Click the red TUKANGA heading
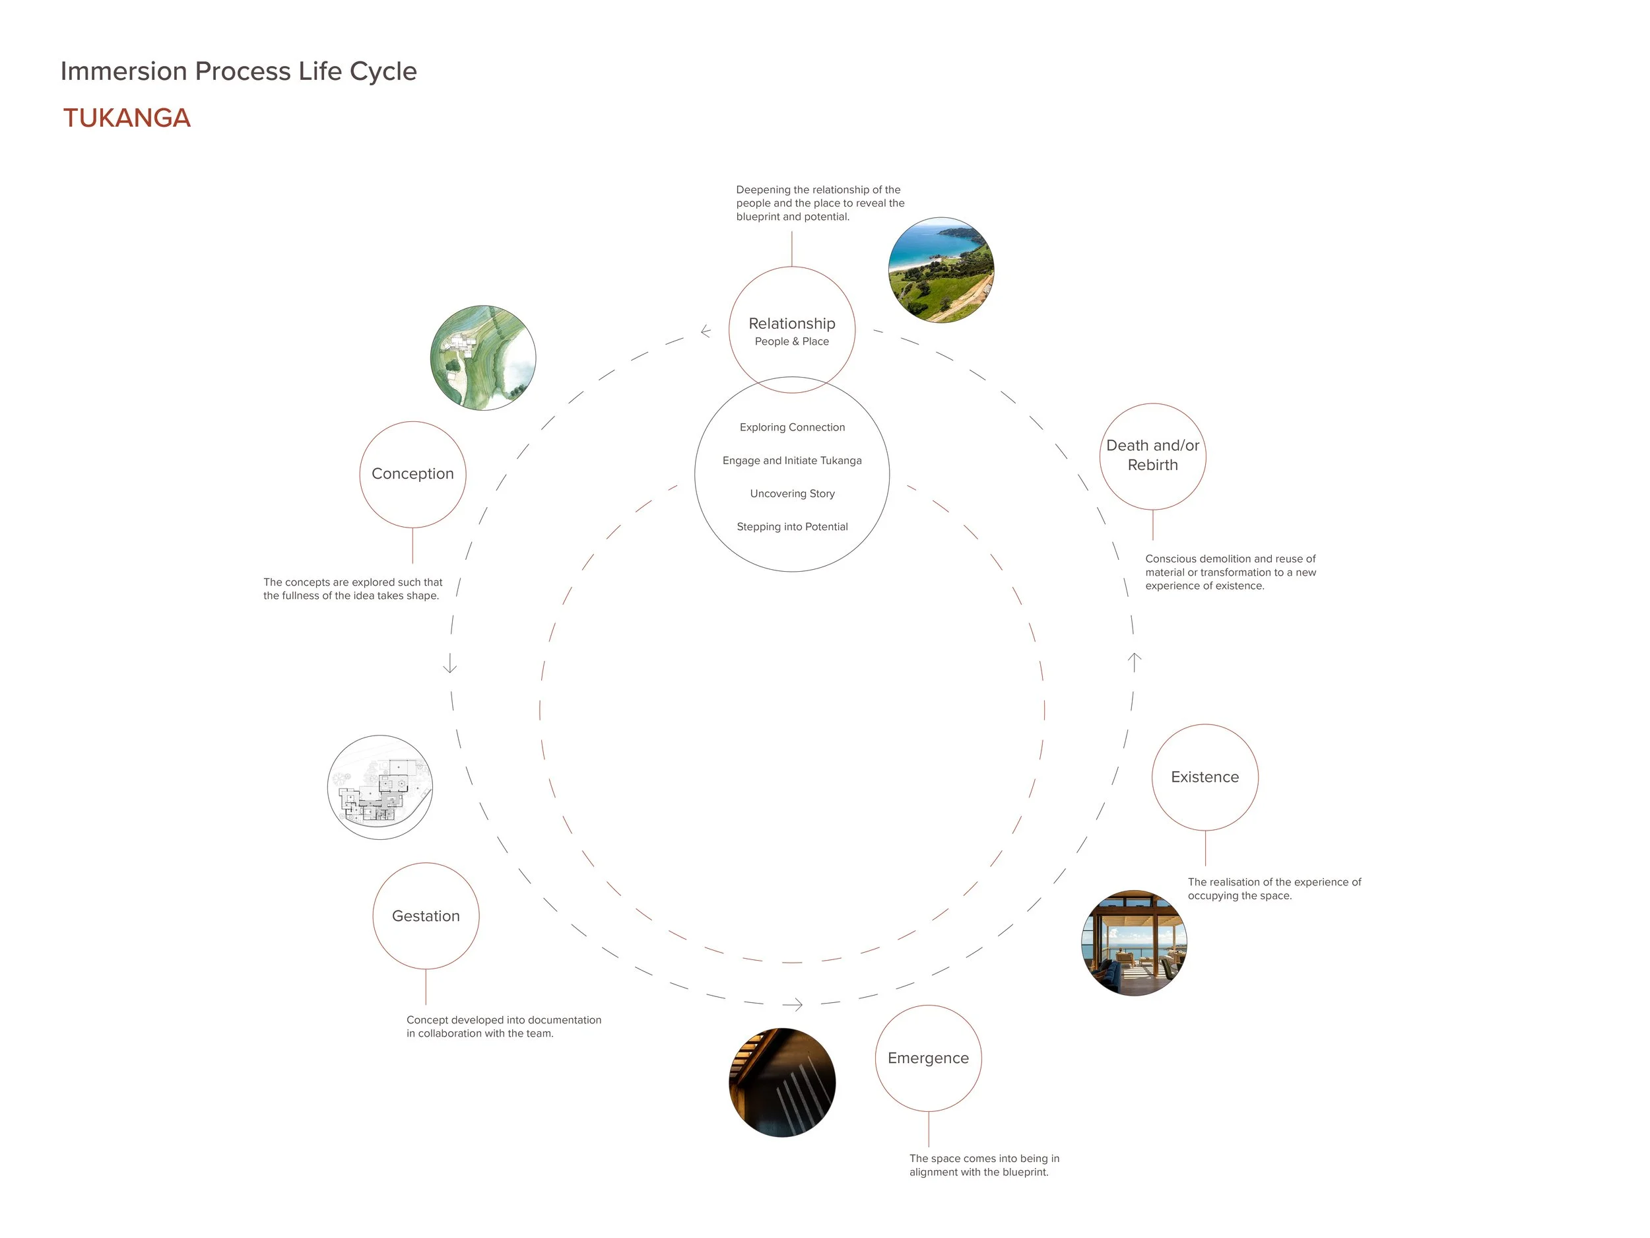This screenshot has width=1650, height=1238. (127, 118)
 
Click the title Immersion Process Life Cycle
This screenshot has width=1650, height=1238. (238, 71)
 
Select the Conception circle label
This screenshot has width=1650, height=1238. (412, 474)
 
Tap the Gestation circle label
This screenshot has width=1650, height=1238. (426, 916)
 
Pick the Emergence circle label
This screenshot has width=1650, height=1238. (928, 1058)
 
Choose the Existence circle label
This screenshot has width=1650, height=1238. (1204, 777)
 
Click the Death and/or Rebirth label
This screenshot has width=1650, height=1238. (1152, 455)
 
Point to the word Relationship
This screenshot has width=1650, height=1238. (791, 323)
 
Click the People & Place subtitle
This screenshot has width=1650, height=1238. (791, 342)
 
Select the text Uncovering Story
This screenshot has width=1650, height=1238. (792, 493)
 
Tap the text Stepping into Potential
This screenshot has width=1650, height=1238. (792, 527)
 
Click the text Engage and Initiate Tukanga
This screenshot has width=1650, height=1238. (792, 460)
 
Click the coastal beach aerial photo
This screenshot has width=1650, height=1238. (940, 270)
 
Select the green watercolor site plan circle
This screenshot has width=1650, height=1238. (483, 357)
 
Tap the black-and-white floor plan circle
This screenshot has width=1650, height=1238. (380, 787)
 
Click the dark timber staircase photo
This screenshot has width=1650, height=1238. (781, 1082)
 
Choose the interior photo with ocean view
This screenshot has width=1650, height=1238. (1134, 942)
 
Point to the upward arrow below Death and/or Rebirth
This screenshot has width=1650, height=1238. (1135, 662)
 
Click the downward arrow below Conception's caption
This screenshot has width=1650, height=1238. (450, 664)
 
